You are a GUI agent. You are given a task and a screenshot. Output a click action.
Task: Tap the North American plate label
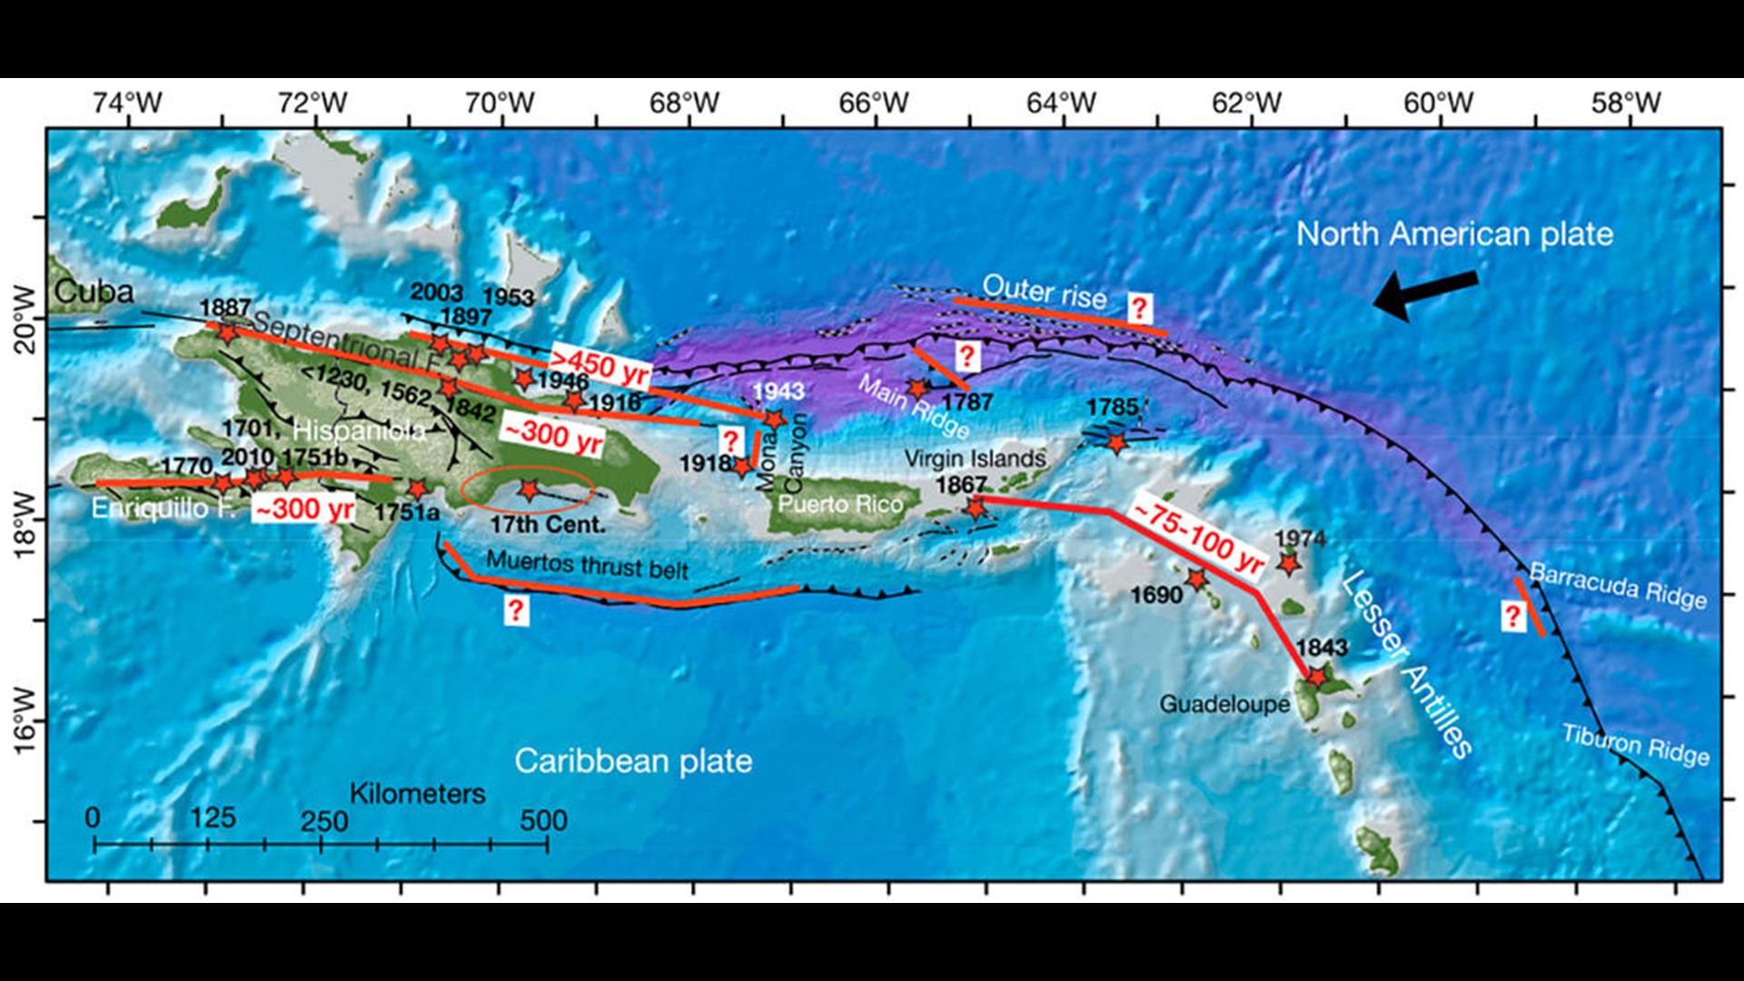(x=1454, y=234)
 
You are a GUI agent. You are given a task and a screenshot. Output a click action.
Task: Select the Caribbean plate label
(x=633, y=761)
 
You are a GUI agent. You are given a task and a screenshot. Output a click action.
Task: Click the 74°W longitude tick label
(x=127, y=103)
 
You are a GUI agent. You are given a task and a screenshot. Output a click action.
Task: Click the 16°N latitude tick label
(x=25, y=720)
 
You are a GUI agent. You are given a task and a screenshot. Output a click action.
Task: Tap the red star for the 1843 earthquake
(x=1316, y=676)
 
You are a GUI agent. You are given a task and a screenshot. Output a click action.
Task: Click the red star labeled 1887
(x=227, y=332)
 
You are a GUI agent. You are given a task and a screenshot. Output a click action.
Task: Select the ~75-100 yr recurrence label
(x=1198, y=538)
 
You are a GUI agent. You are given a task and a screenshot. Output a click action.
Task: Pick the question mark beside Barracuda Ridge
(x=1511, y=617)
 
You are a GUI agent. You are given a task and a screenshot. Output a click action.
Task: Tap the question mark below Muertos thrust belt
(x=516, y=610)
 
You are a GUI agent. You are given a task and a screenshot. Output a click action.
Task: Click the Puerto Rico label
(x=840, y=504)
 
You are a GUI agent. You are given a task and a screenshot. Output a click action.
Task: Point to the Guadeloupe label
(x=1224, y=704)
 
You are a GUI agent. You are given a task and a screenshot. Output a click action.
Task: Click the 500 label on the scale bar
(x=543, y=820)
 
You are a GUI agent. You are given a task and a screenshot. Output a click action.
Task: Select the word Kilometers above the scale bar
(x=417, y=793)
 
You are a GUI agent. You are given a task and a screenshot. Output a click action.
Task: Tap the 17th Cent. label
(x=547, y=524)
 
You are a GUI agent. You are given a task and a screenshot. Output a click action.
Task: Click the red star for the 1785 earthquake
(x=1116, y=443)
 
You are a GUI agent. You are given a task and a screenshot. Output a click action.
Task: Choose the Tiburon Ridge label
(x=1635, y=745)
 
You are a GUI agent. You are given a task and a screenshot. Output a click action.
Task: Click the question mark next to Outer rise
(x=1139, y=308)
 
